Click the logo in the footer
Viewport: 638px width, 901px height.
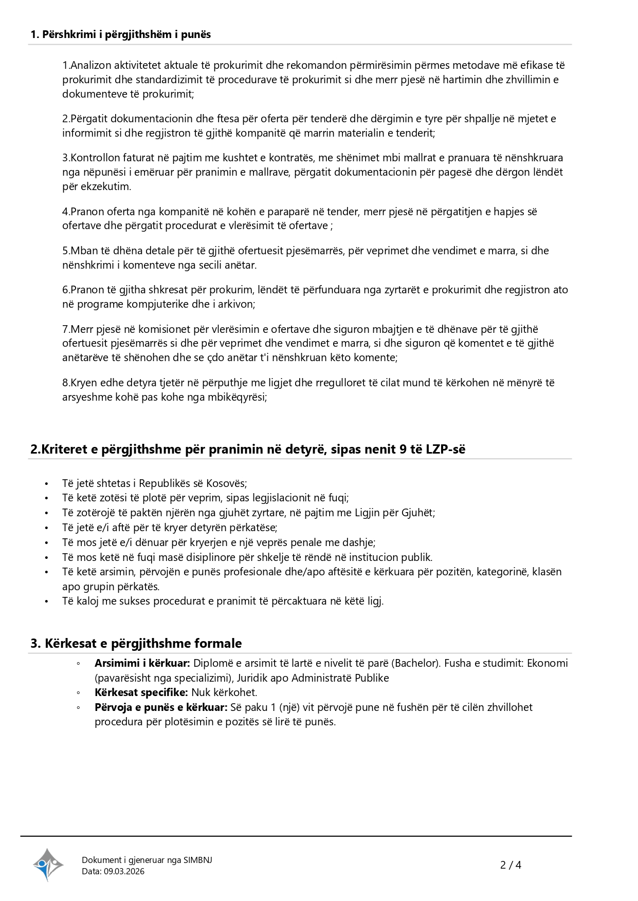click(x=48, y=865)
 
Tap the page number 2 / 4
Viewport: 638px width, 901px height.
click(x=511, y=865)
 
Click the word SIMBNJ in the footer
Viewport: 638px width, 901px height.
click(x=197, y=860)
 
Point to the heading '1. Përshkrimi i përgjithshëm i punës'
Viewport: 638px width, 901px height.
click(x=121, y=34)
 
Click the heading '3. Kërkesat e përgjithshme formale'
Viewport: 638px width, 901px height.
click(x=136, y=643)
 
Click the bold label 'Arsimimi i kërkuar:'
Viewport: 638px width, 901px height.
click(x=142, y=663)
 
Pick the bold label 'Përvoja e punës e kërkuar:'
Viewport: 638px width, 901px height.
click(x=161, y=707)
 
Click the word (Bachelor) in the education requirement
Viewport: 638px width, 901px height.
click(x=418, y=663)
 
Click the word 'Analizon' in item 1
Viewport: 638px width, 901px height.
click(x=89, y=65)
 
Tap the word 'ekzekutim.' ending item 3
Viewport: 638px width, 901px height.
click(x=106, y=186)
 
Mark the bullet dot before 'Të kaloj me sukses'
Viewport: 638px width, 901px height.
click(x=46, y=602)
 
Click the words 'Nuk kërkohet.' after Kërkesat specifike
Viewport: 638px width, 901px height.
click(x=224, y=692)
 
